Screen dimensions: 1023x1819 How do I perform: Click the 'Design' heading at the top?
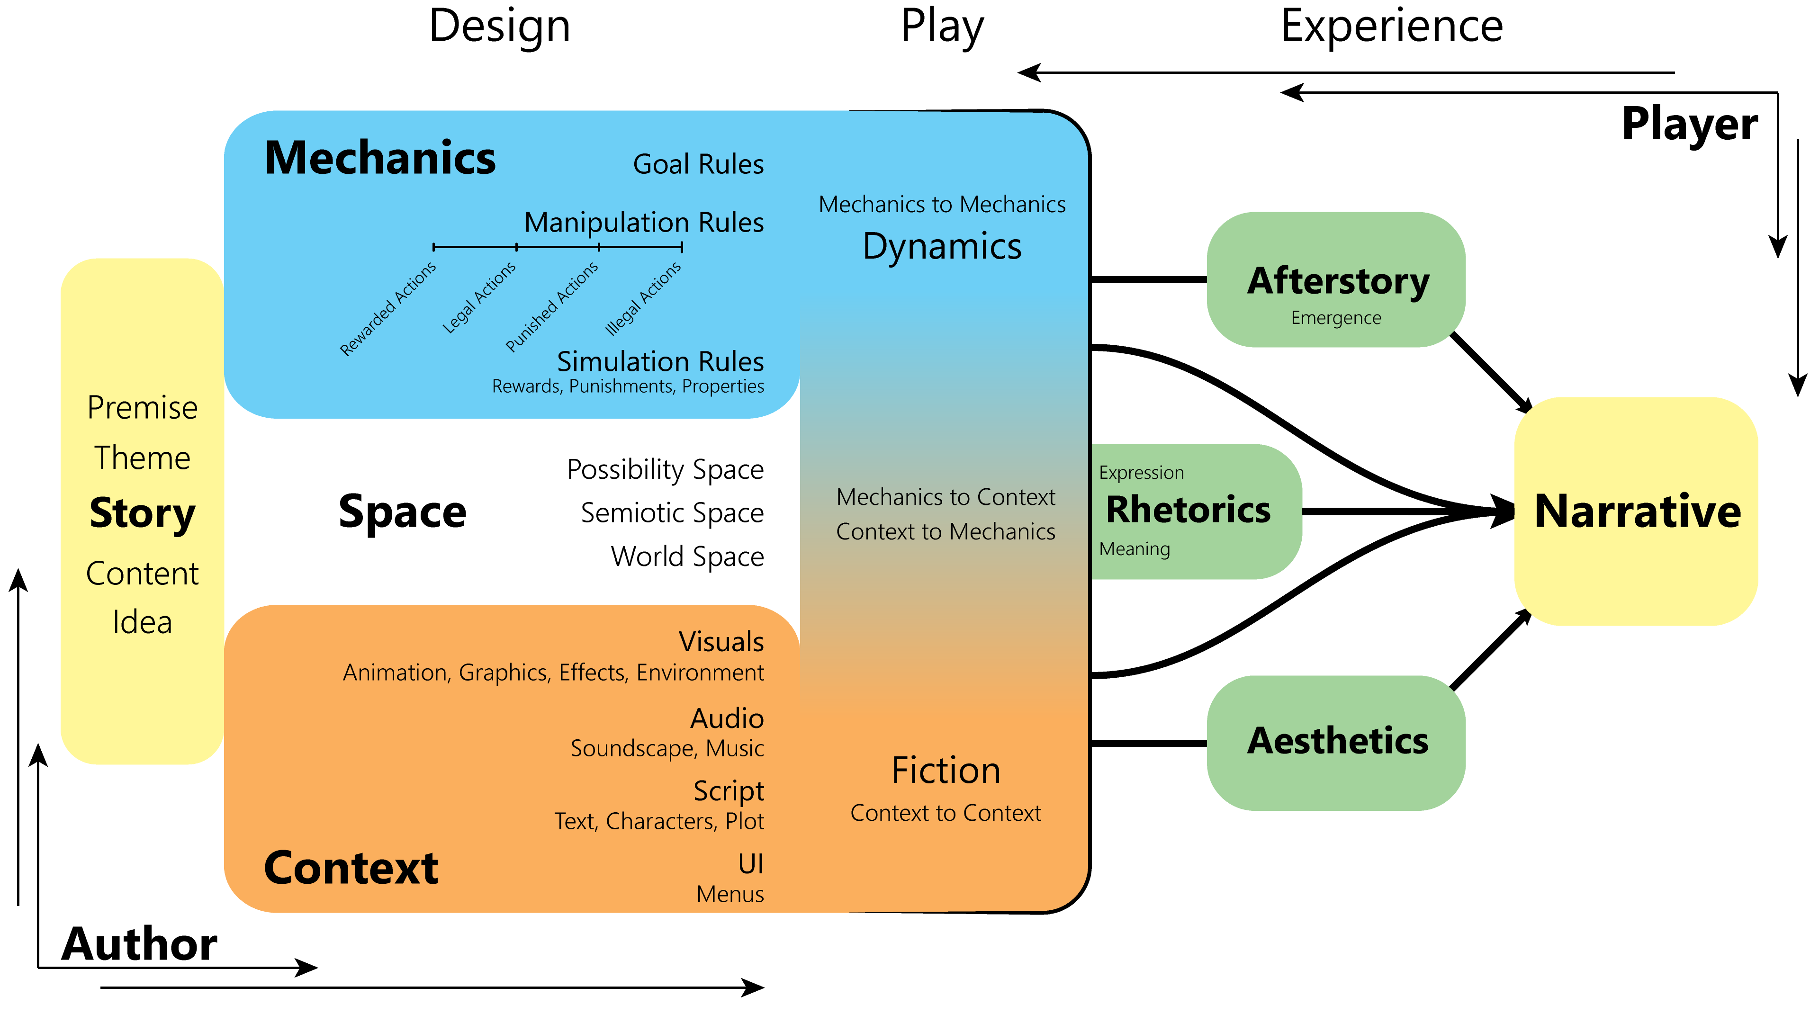(499, 27)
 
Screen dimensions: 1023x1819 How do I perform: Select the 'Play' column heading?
(942, 27)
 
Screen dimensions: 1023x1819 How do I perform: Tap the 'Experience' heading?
(1392, 27)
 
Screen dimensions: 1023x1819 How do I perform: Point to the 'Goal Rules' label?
(698, 164)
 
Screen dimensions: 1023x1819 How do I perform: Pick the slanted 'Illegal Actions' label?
(643, 298)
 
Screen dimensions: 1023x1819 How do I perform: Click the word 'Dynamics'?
(942, 246)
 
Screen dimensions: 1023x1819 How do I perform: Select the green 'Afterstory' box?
(1335, 279)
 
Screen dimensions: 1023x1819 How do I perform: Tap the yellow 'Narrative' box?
(1636, 511)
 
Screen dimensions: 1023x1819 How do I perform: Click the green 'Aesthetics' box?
(1335, 743)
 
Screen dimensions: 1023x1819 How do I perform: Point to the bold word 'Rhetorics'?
(1188, 510)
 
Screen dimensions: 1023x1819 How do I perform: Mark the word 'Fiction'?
(946, 770)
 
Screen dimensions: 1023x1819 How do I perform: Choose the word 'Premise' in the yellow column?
(142, 408)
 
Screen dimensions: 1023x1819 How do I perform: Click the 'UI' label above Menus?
(751, 863)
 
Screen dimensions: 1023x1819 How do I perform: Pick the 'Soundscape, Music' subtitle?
(666, 748)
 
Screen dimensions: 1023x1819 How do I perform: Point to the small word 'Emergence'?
(1335, 318)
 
